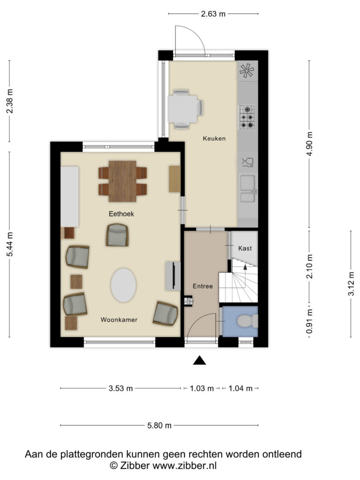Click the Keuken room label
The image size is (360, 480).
point(214,139)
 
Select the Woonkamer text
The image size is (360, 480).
point(119,320)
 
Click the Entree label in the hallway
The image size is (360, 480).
point(203,286)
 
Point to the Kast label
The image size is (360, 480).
point(245,248)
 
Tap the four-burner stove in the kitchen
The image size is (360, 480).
point(247,117)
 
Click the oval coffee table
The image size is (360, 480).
point(124,285)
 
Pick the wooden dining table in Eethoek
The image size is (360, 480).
point(122,181)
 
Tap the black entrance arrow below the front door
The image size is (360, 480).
point(200,360)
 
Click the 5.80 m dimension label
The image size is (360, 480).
point(159,426)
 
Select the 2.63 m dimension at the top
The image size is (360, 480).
point(213,14)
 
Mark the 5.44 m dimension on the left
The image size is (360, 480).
point(10,245)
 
